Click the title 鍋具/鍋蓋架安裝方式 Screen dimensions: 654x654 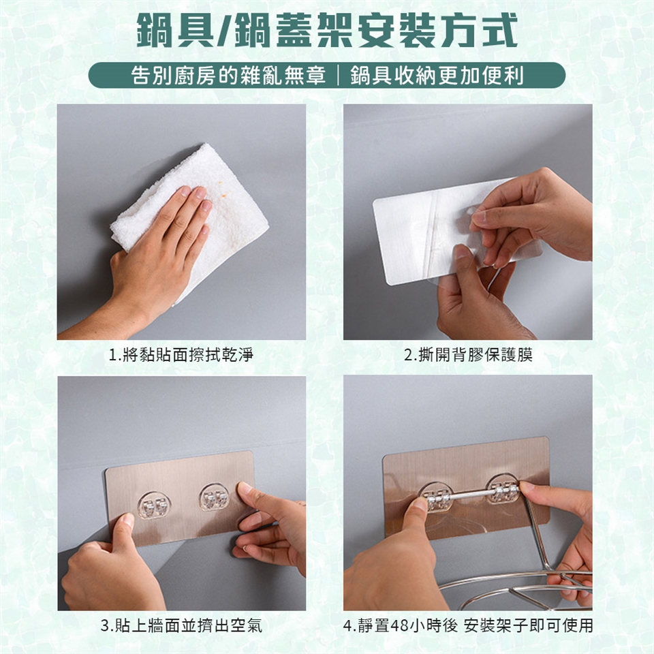tap(327, 30)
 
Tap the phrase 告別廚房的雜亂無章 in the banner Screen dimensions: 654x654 tap(228, 76)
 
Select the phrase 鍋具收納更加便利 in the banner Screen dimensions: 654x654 tap(437, 76)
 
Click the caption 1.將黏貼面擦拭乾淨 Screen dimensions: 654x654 tap(181, 356)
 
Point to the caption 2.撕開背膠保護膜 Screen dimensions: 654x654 tap(469, 356)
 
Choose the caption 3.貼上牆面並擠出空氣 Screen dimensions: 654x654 tap(181, 625)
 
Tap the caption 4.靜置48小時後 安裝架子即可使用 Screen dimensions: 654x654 tap(468, 625)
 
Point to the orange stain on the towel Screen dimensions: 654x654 tap(225, 194)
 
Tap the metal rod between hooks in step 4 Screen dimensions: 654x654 tap(470, 495)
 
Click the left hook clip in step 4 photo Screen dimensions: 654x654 tap(436, 498)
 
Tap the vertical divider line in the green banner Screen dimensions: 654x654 tap(338, 76)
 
